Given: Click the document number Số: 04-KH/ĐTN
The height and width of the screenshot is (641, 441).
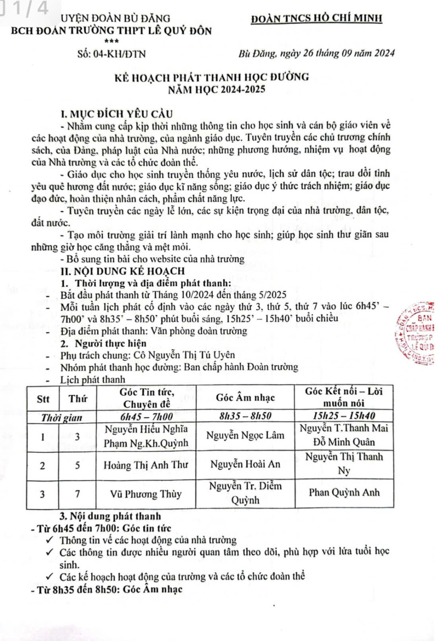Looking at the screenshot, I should [112, 54].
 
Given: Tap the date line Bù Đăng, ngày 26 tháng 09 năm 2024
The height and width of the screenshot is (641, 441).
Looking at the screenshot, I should [316, 53].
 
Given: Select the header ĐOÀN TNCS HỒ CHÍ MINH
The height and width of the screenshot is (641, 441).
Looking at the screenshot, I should [316, 18].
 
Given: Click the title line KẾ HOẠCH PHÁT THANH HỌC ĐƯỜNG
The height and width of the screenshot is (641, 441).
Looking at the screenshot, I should [212, 77].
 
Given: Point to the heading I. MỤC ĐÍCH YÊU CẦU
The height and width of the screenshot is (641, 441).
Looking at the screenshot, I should [117, 114].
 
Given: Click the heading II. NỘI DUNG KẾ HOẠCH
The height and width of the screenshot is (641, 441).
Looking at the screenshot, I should [123, 271].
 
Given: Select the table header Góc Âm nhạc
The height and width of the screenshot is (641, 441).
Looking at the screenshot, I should [245, 397].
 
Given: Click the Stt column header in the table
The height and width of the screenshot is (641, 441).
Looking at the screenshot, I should [43, 399].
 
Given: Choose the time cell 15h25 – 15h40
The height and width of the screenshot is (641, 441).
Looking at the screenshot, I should [344, 416].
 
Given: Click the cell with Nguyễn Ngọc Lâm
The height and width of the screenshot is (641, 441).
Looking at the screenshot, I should [245, 435].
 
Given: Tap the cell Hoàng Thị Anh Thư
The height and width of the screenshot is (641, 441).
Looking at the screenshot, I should [146, 465].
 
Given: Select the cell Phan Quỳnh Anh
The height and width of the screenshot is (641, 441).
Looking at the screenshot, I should [344, 492].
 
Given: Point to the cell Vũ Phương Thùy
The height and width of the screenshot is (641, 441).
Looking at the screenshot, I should [146, 494].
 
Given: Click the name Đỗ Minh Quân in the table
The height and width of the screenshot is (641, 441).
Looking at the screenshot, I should [344, 442].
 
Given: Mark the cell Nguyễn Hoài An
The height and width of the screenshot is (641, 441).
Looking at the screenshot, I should [245, 464].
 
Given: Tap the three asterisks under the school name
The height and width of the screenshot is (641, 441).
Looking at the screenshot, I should [111, 41].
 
